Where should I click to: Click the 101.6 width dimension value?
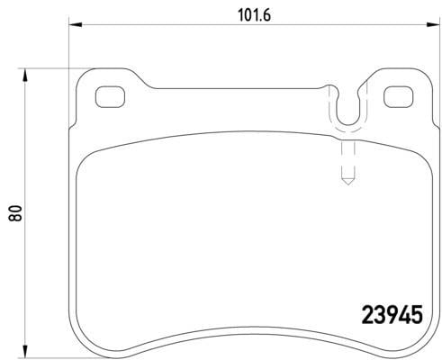point(254,15)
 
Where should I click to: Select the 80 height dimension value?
point(15,213)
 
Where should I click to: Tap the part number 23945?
point(392,315)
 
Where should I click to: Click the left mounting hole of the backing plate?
point(110,96)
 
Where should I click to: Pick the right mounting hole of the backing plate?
point(399,96)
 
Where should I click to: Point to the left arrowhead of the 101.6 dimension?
point(76,24)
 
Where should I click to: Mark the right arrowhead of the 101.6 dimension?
point(433,24)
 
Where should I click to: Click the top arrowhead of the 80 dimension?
point(25,75)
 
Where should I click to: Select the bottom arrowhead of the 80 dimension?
point(25,351)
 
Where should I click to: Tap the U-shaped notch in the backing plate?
point(348,123)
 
